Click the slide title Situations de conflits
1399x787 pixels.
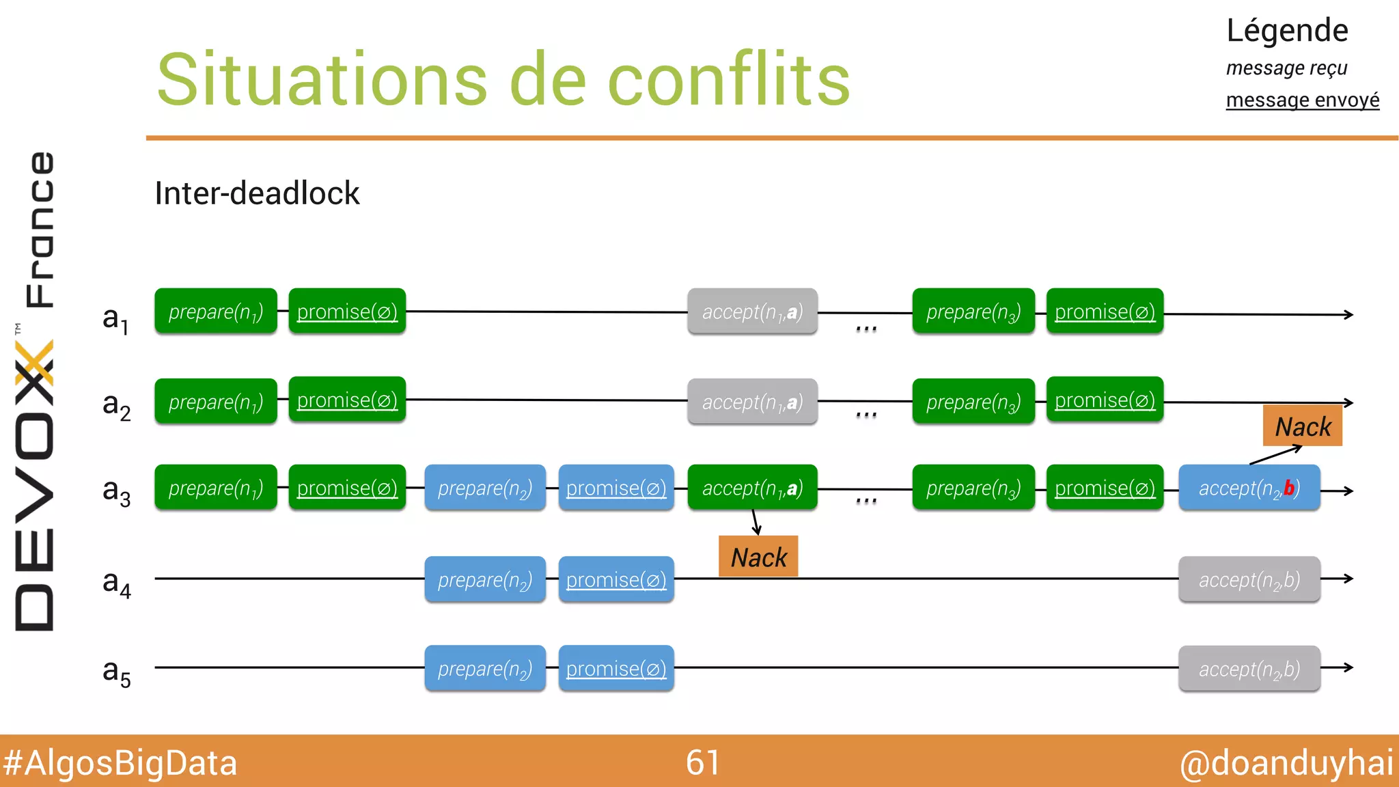coord(503,80)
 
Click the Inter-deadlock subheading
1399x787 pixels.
coord(257,193)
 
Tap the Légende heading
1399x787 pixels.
coord(1287,31)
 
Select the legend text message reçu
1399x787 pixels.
coord(1286,68)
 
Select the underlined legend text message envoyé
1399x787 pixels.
coord(1302,100)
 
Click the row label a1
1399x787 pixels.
coord(115,318)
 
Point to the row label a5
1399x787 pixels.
coord(116,672)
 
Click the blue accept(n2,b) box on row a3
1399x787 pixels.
coord(1249,488)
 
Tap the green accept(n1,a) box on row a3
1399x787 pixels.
coord(752,488)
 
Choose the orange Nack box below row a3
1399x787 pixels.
coord(758,557)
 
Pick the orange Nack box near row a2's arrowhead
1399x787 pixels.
coord(1303,426)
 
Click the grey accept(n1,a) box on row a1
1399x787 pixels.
coord(752,312)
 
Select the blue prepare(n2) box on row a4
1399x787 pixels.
coord(484,580)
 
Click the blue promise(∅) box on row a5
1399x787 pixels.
coord(615,669)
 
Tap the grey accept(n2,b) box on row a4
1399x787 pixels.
coord(1249,580)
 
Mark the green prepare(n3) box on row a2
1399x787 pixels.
coord(973,402)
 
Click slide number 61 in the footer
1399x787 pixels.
coord(702,762)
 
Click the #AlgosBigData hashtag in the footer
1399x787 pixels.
coord(120,763)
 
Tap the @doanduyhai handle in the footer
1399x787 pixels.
coord(1286,763)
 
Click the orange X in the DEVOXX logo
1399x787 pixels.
coord(34,363)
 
